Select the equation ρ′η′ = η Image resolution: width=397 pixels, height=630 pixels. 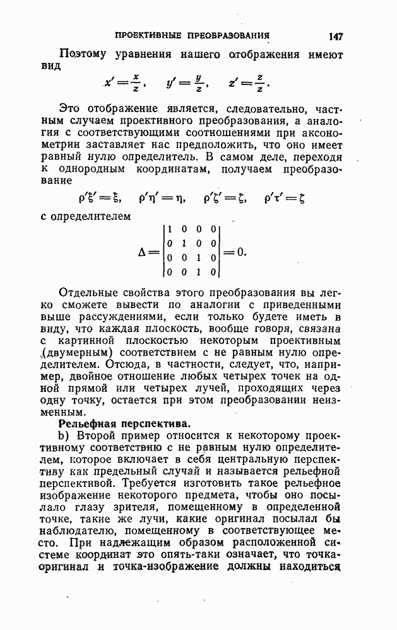coord(163,197)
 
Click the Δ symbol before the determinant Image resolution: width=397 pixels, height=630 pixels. coord(143,251)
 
